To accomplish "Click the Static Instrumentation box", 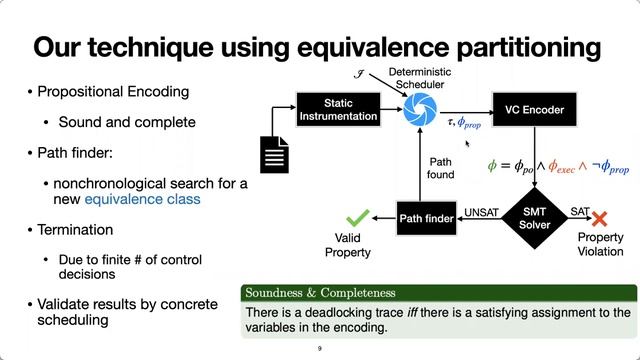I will (x=338, y=110).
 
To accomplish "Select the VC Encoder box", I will (x=530, y=110).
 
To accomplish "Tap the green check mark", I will (x=357, y=214).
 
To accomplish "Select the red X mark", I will (x=600, y=217).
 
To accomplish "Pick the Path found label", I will (x=441, y=167).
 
